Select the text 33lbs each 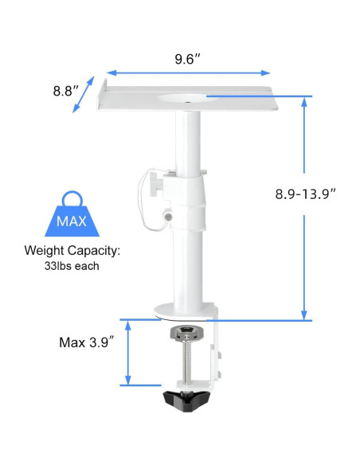72,266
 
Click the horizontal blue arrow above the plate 187,72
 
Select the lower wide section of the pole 189,263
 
